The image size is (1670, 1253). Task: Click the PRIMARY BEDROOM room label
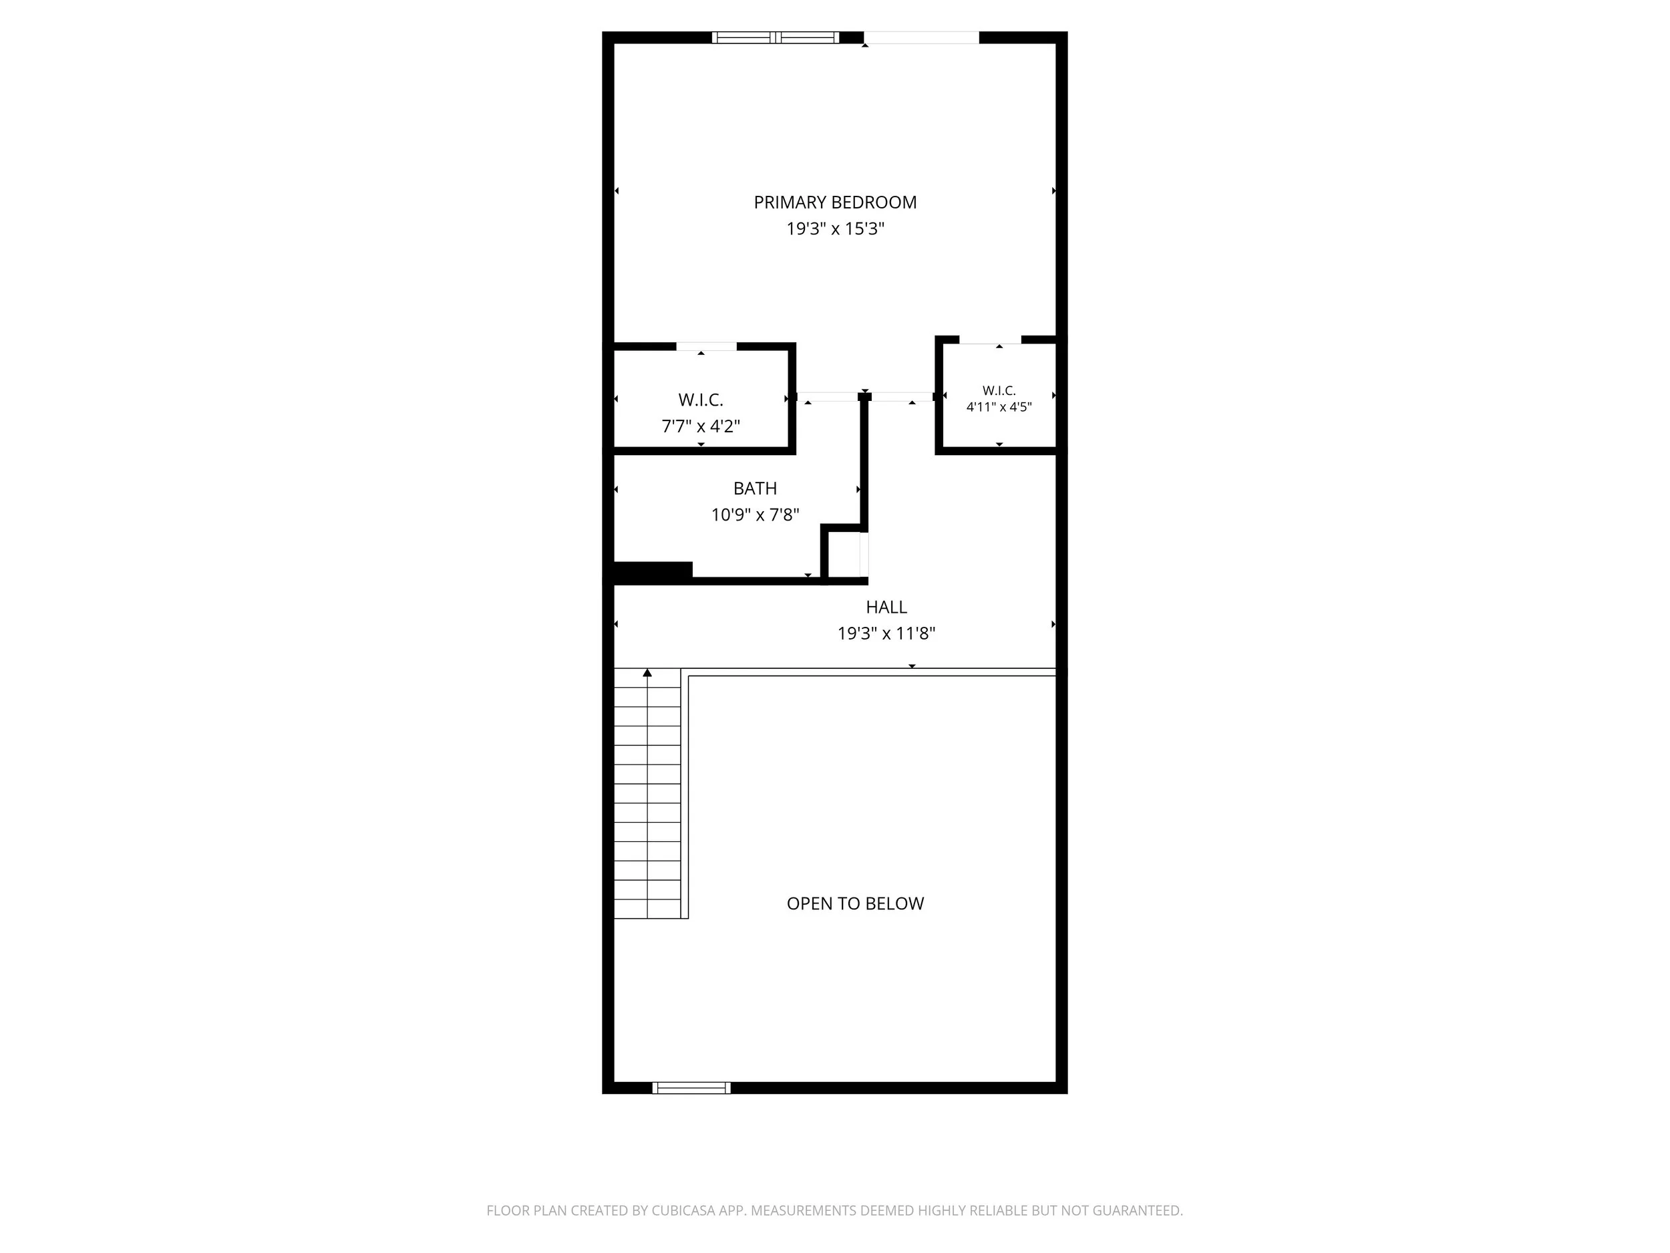pos(835,202)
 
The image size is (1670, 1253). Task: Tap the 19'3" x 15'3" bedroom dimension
pos(835,229)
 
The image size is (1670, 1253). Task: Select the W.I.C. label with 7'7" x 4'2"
pos(701,400)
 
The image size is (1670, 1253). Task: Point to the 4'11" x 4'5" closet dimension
pos(999,407)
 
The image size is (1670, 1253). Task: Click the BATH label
pos(755,489)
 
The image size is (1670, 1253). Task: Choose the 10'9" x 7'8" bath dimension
pos(755,515)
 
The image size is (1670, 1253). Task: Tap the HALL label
pos(886,607)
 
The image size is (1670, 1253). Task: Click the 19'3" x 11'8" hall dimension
pos(886,634)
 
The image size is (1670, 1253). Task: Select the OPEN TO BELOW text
pos(856,904)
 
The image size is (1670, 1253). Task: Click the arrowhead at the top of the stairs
pos(647,672)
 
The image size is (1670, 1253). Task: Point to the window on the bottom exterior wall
pos(691,1087)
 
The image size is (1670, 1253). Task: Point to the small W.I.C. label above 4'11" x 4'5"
pos(999,390)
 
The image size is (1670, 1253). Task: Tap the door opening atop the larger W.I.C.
pos(707,347)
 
